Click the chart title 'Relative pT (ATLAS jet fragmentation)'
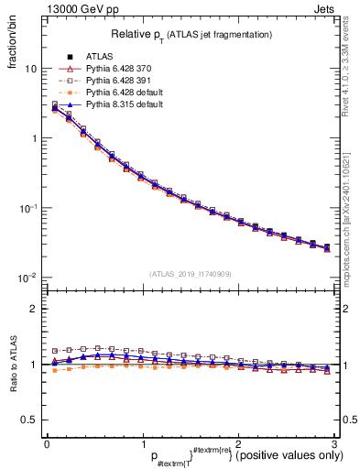(191, 35)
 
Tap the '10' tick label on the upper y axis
(30, 70)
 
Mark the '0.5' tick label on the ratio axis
(30, 420)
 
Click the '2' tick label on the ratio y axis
(35, 309)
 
